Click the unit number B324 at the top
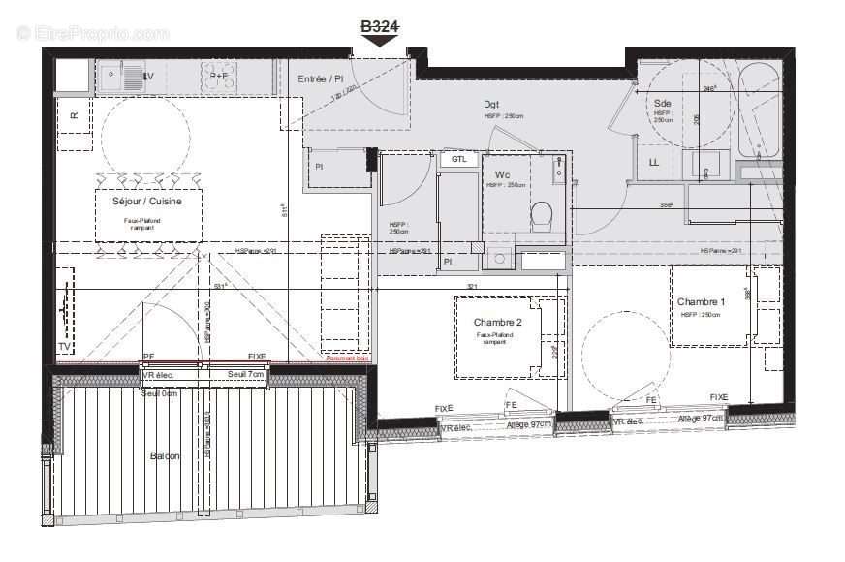380,27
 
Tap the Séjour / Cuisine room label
148,202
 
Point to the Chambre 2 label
498,322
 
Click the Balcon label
165,455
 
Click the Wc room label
502,175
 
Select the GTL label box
458,160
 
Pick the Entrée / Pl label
321,78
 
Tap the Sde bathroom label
662,103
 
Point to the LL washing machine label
654,162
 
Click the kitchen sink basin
109,76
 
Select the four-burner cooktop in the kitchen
218,76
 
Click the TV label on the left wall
64,346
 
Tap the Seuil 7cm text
245,375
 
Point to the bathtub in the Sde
759,111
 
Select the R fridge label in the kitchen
74,115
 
